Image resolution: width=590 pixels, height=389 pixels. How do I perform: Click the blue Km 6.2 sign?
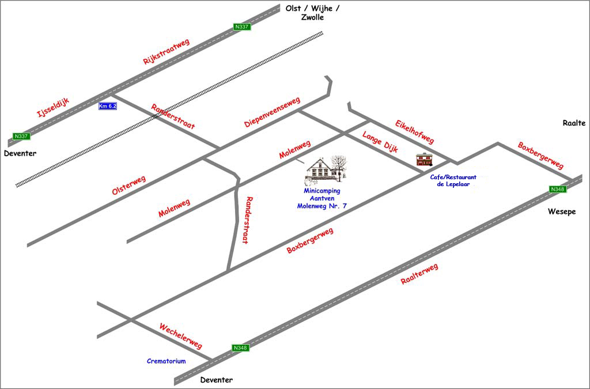108,106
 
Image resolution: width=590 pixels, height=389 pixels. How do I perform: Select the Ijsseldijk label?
53,108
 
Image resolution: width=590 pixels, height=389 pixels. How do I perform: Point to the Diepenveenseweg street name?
272,112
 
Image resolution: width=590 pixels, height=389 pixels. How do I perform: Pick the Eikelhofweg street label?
414,132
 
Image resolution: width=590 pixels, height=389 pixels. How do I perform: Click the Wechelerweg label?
180,336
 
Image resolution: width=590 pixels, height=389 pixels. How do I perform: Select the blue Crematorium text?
167,361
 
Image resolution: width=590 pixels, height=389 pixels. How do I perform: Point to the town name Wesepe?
561,212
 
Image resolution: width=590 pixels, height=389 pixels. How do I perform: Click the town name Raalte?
574,123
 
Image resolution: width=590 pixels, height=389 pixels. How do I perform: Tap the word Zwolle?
312,17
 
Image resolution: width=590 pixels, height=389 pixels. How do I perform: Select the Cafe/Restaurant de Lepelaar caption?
453,181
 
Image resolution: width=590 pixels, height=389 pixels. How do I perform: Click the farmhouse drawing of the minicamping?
327,169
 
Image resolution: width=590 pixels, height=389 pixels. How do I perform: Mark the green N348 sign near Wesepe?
558,189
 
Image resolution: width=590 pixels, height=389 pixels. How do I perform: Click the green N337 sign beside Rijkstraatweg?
242,27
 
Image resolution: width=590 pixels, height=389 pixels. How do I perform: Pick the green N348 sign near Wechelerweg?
240,348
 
